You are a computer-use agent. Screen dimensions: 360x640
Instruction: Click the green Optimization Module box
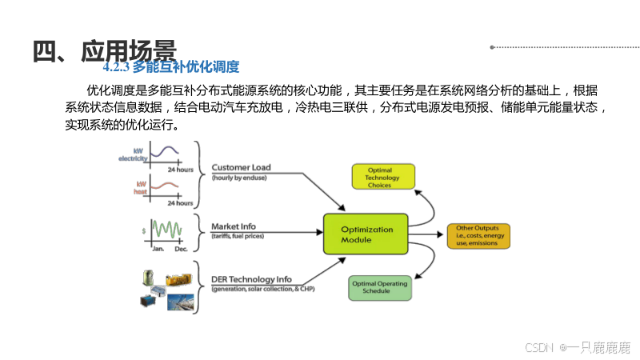tap(366, 234)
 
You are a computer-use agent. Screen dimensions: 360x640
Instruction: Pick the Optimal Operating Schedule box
tap(380, 287)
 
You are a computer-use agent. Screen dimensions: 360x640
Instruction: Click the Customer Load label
tap(241, 168)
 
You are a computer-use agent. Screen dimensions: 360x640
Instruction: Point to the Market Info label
tap(233, 226)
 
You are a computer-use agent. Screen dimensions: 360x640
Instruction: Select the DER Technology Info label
tap(251, 279)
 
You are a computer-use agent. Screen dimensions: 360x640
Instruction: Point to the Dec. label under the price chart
tap(182, 250)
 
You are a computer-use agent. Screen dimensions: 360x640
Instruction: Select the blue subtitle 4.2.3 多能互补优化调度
tap(171, 67)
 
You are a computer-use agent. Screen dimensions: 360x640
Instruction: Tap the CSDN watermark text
tap(577, 347)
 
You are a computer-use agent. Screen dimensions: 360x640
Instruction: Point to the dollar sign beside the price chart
tap(143, 230)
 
